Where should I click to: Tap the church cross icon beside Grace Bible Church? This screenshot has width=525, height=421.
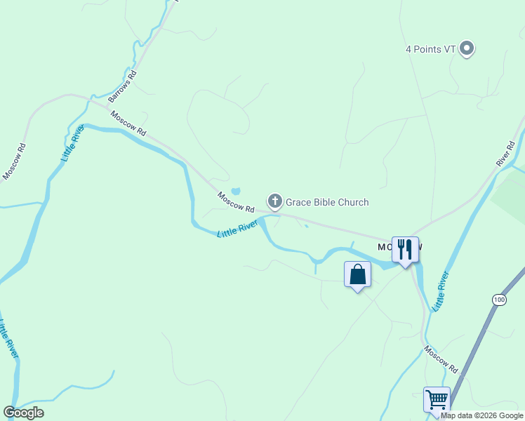(275, 202)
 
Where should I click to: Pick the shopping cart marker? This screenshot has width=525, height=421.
(437, 399)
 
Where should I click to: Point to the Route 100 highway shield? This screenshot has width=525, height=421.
(498, 300)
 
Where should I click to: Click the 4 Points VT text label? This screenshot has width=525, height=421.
(431, 49)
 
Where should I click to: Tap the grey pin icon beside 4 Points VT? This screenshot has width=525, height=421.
(467, 49)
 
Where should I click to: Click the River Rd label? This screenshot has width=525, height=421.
(505, 154)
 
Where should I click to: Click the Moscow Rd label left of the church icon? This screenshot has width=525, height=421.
(235, 202)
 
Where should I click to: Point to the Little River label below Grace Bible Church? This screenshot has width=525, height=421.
(237, 229)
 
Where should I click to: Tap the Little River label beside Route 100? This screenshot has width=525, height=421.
(440, 291)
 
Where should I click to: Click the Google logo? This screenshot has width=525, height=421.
(23, 413)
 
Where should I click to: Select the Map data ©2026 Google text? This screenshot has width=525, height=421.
(482, 415)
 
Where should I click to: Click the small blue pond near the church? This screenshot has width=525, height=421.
(236, 191)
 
